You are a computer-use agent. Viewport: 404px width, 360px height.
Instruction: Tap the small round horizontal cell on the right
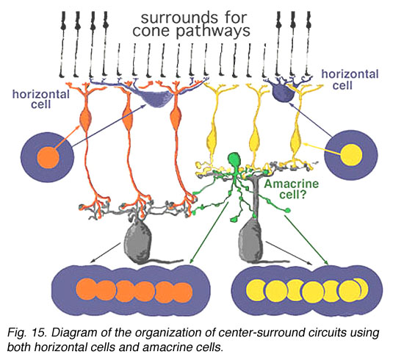click(x=283, y=93)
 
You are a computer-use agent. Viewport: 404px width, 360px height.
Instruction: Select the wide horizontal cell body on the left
click(x=158, y=98)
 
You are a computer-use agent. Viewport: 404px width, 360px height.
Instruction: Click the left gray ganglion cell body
click(x=138, y=242)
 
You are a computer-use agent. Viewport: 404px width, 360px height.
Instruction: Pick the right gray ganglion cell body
click(x=250, y=240)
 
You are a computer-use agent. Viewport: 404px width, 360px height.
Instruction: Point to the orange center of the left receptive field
click(x=48, y=157)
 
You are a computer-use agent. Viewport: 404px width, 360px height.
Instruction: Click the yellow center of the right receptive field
click(x=351, y=154)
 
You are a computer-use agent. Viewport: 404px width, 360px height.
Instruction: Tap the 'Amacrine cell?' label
click(x=292, y=189)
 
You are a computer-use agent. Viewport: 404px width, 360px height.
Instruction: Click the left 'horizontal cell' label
click(x=41, y=99)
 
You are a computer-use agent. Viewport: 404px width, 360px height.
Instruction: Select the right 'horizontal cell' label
click(x=350, y=79)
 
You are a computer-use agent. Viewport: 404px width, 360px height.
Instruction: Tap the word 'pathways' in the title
click(x=213, y=32)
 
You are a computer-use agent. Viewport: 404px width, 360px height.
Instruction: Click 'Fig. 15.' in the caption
click(x=27, y=332)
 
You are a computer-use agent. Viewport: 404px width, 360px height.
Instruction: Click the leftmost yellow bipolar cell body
click(x=213, y=140)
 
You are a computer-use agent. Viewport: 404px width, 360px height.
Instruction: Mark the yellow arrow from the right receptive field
click(x=322, y=148)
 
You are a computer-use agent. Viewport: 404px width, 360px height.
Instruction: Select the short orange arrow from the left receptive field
click(x=68, y=137)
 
